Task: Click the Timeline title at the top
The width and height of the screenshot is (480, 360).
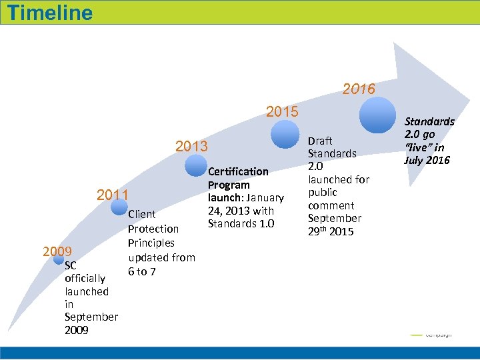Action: point(51,12)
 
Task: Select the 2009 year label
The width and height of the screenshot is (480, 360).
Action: point(57,251)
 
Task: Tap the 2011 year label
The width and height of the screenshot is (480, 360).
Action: point(113,195)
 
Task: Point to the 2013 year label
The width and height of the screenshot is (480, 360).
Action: point(191,146)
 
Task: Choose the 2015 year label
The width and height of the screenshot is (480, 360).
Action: point(282,111)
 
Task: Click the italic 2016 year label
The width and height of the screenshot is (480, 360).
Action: point(359,89)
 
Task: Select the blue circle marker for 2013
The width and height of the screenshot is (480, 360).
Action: point(196,165)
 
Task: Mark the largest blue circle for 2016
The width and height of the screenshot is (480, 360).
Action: point(377,115)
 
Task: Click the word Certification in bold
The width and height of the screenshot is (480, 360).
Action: point(238,171)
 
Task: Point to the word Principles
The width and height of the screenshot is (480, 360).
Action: point(151,243)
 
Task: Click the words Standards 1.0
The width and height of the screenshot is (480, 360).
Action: point(241,223)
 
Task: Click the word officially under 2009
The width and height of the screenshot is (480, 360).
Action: point(86,279)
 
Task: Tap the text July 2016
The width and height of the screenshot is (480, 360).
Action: point(427,160)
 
